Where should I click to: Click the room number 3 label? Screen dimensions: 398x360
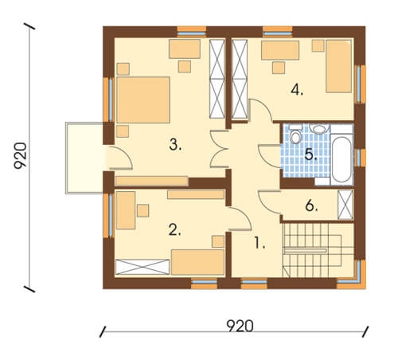[x=175, y=145]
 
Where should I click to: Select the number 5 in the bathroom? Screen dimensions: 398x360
[x=310, y=155]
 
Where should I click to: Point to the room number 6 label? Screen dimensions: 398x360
[x=311, y=205]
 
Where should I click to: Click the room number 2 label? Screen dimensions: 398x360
[x=175, y=229]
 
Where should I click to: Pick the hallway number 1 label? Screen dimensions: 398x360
[x=259, y=243]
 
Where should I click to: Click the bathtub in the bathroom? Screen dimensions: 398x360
[x=341, y=159]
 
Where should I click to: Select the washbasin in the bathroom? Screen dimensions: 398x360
[x=319, y=129]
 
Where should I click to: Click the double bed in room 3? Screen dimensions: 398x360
[x=143, y=100]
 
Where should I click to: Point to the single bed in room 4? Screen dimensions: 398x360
[x=339, y=66]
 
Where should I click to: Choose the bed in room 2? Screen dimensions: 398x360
[x=197, y=262]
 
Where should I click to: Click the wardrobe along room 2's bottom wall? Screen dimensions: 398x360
[x=142, y=267]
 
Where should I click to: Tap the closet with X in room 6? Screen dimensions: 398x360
[x=345, y=205]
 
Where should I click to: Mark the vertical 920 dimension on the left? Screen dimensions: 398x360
[x=21, y=155]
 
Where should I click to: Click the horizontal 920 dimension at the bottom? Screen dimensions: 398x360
[x=240, y=326]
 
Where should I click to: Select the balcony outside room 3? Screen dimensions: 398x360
[x=84, y=158]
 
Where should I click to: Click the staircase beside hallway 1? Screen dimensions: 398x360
[x=318, y=250]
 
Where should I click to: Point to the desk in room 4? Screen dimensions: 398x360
[x=280, y=50]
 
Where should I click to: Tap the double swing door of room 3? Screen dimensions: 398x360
[x=220, y=149]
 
